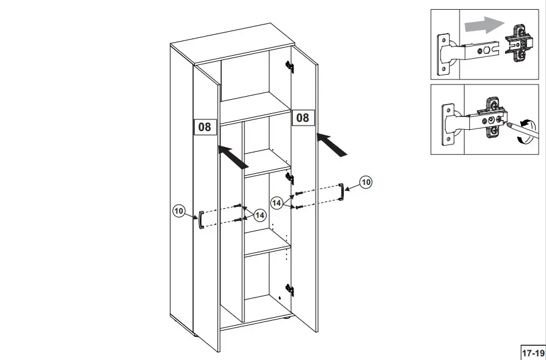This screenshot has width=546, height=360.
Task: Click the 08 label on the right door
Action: tap(302, 117)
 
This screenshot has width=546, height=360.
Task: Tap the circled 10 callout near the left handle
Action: tap(179, 211)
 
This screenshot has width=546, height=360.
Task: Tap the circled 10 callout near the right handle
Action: tap(366, 182)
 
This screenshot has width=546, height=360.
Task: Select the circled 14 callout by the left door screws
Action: tap(260, 215)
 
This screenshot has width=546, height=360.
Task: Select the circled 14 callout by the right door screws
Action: tap(278, 203)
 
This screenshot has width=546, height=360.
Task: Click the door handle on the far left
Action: tap(200, 220)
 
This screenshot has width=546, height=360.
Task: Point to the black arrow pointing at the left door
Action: tap(233, 156)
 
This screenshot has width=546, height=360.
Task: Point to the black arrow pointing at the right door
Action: tap(333, 144)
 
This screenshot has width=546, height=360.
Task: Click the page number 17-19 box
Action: tap(531, 353)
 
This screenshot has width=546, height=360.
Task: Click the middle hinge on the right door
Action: tap(290, 179)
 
